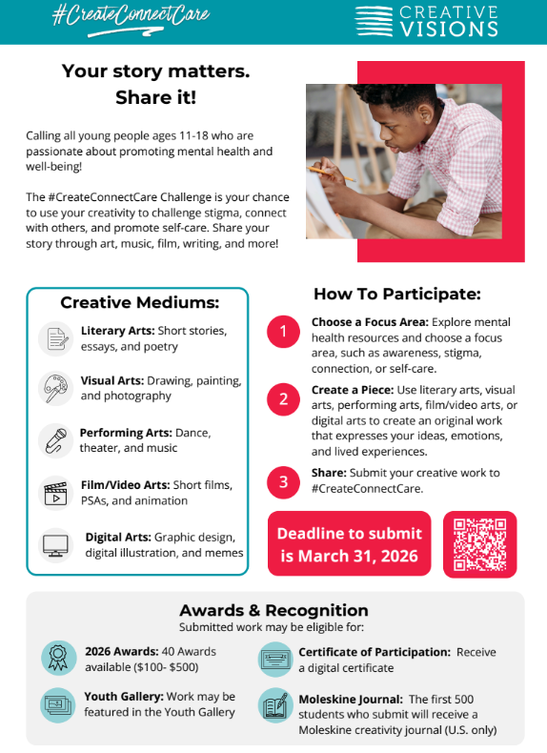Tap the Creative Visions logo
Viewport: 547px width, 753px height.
426,21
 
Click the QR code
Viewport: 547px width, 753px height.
479,544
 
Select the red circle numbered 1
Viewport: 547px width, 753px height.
283,332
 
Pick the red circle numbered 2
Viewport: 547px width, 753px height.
283,399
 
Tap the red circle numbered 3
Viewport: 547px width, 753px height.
283,482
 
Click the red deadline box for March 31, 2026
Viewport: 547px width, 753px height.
349,544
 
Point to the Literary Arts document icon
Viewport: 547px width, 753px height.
56,338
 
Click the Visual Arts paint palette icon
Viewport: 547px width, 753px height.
56,388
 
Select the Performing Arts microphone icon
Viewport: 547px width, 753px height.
56,439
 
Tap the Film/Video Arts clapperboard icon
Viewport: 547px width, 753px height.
56,493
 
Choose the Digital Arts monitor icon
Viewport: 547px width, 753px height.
56,545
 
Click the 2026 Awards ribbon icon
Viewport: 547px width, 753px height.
58,659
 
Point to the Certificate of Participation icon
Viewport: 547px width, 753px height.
275,659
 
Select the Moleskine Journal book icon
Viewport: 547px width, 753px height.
275,707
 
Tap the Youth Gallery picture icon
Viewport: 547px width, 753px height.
58,705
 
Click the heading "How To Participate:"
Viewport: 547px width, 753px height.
396,294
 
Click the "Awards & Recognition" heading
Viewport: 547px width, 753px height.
273,610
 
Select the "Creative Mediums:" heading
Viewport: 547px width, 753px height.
139,303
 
